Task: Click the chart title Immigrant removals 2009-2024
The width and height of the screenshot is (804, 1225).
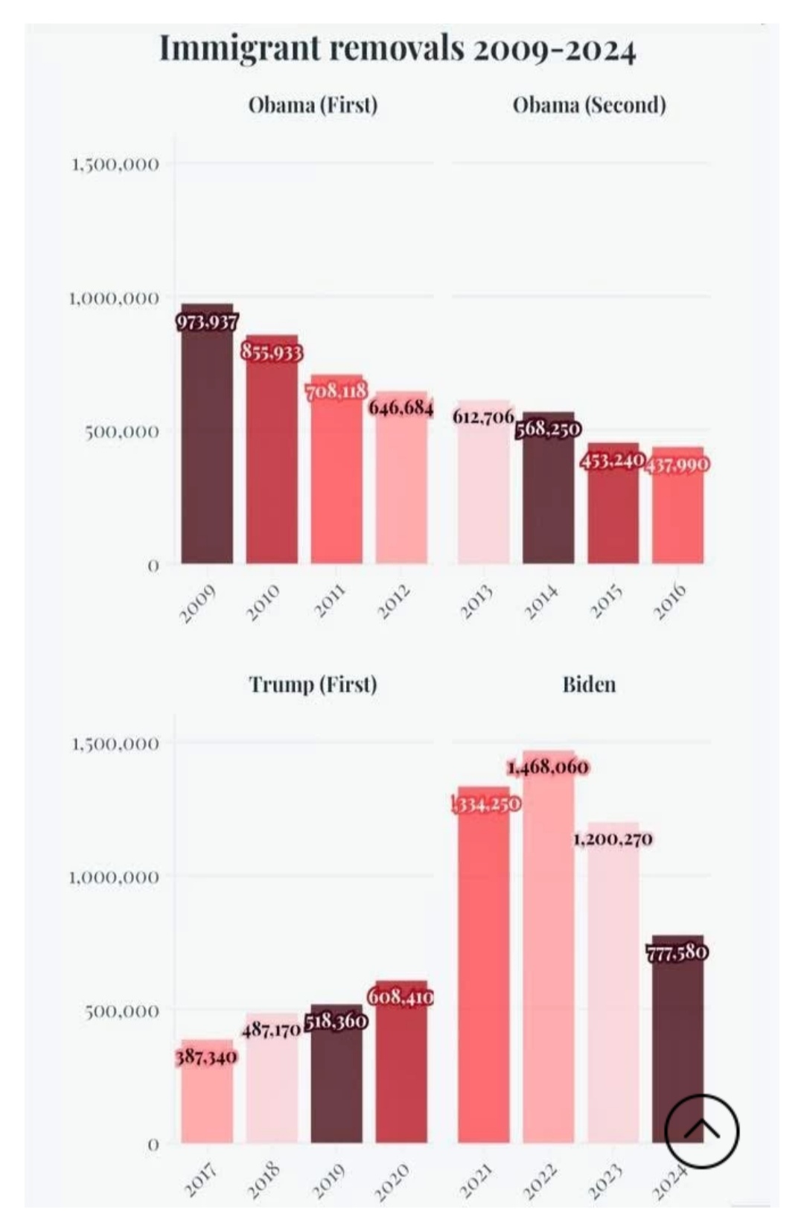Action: [x=398, y=49]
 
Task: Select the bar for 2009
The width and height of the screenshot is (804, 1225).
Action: [x=207, y=447]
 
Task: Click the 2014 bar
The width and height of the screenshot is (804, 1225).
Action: [x=548, y=499]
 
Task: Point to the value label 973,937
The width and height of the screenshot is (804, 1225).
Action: [x=207, y=322]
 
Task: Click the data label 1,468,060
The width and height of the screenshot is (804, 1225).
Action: [x=548, y=766]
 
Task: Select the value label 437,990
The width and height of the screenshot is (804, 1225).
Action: [x=677, y=464]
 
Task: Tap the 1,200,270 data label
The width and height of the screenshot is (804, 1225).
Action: [x=613, y=839]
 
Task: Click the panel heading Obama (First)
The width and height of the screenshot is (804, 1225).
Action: [x=313, y=104]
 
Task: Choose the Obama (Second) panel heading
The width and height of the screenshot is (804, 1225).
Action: [x=589, y=104]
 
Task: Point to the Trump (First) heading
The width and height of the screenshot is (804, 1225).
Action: [x=313, y=684]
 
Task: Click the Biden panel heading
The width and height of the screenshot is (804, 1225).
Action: [x=589, y=684]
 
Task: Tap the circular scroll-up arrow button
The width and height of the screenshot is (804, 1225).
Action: [x=701, y=1130]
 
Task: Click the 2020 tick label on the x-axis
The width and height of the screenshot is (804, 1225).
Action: [x=392, y=1182]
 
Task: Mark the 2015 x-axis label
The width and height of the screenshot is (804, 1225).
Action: [x=607, y=602]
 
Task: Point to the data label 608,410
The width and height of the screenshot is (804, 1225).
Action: [x=401, y=996]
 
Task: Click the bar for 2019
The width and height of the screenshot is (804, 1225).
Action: [x=336, y=1080]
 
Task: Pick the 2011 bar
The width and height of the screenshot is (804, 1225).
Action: [x=336, y=484]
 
